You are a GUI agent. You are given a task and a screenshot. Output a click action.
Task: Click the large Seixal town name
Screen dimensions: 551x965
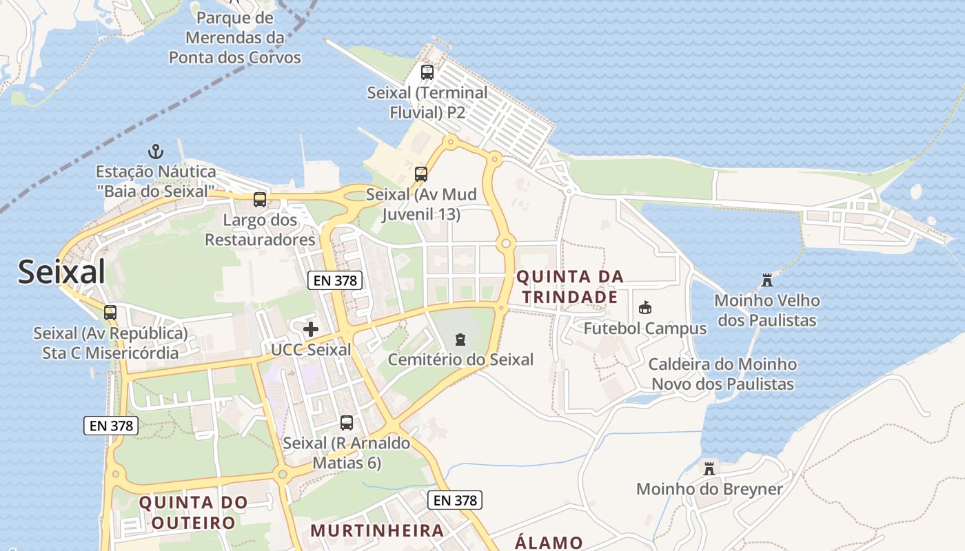[61, 272]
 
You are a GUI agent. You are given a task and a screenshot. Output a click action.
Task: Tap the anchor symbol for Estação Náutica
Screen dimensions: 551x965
[156, 151]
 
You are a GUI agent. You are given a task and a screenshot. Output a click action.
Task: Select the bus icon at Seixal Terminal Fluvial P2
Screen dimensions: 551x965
[427, 72]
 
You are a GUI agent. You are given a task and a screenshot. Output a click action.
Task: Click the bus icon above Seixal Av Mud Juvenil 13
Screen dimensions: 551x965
[420, 174]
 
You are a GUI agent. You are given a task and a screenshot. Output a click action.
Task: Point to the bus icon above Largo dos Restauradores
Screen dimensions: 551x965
[260, 200]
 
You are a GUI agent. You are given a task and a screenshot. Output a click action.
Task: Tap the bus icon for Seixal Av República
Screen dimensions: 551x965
[110, 312]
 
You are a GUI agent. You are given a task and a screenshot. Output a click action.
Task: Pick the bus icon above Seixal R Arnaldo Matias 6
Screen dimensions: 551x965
[347, 422]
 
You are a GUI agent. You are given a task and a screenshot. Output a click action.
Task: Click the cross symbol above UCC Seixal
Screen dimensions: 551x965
[311, 329]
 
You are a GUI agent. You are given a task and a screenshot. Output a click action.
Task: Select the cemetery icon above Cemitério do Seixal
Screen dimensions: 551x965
[460, 339]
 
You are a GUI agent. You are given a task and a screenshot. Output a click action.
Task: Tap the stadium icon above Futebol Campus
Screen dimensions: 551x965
[645, 307]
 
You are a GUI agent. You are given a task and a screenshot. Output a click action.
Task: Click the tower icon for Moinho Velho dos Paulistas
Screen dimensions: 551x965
[766, 280]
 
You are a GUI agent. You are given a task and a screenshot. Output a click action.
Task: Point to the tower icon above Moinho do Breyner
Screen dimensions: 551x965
[709, 468]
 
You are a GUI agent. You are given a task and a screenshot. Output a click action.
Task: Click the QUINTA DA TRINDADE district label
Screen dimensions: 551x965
[569, 287]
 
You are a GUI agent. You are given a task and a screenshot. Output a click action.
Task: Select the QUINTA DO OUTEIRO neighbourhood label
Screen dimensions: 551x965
[193, 512]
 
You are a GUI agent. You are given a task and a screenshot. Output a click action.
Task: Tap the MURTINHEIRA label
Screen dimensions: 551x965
[377, 530]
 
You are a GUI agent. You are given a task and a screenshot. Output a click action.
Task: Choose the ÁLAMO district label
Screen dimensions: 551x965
[549, 542]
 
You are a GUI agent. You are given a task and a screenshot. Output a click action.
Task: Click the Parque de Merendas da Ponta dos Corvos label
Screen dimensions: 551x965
[235, 37]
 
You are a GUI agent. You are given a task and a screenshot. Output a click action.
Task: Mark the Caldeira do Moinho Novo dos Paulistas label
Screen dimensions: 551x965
[722, 374]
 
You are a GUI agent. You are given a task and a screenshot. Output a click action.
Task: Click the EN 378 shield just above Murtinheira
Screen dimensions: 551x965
[454, 501]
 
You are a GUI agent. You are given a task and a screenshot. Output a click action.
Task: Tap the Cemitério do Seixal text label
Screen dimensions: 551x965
[460, 360]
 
